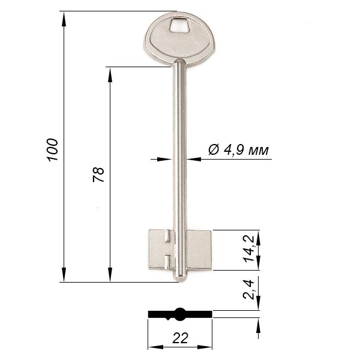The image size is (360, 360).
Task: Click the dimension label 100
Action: (x=52, y=150)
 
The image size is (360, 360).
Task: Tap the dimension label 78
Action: (x=98, y=175)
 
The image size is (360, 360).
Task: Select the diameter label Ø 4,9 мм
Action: (x=238, y=151)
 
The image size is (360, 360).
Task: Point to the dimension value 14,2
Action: (x=248, y=249)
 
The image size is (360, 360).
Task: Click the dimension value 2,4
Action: (x=248, y=290)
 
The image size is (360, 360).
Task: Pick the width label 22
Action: (x=180, y=338)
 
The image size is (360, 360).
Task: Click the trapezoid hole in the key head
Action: (x=180, y=25)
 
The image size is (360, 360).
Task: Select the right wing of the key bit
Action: (x=199, y=250)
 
